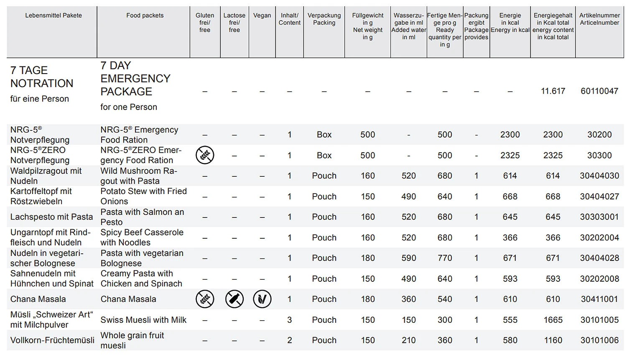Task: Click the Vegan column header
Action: [262, 15]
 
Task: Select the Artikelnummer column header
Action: [599, 19]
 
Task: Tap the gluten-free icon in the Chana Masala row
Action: [205, 299]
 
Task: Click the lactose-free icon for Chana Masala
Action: [234, 299]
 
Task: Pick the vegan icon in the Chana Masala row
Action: [262, 299]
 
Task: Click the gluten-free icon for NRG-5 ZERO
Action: [205, 155]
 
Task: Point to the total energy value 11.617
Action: [553, 91]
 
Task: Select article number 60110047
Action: [599, 91]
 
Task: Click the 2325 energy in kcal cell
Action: [510, 156]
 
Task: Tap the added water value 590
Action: [408, 258]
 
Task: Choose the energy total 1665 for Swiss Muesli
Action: [553, 320]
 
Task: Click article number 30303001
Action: [599, 217]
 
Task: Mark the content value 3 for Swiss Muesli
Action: [289, 320]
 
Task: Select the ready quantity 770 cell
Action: [445, 258]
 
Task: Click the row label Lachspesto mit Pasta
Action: [51, 217]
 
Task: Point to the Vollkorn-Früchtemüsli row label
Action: [52, 340]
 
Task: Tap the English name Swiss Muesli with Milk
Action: [143, 320]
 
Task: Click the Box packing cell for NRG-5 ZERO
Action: [324, 156]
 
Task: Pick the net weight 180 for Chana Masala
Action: [368, 299]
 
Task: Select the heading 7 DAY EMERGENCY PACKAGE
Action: [135, 79]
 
